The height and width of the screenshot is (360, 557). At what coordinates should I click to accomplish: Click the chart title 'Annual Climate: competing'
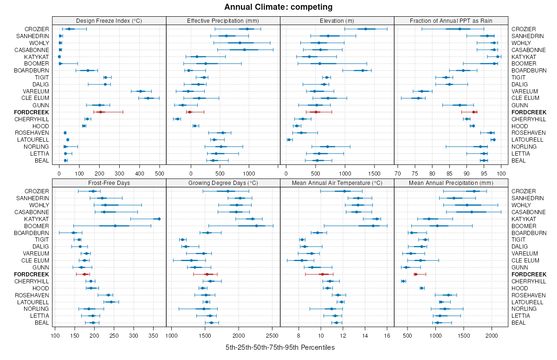[x=278, y=7]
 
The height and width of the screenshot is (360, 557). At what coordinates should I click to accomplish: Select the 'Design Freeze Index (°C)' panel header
[x=109, y=20]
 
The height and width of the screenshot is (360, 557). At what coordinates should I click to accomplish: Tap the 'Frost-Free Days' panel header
[x=109, y=183]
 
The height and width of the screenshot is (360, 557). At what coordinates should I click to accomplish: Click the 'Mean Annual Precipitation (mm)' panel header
[x=451, y=183]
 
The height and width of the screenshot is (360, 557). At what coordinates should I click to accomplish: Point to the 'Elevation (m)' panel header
[x=337, y=20]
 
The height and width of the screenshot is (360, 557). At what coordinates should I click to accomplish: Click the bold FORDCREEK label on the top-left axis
[x=31, y=112]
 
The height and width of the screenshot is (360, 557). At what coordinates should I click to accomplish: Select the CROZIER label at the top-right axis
[x=524, y=29]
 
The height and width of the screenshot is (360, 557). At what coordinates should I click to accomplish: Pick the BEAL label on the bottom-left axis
[x=42, y=322]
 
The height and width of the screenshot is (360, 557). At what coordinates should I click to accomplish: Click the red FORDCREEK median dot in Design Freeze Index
[x=100, y=112]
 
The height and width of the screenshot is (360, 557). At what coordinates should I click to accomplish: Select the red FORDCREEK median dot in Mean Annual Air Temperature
[x=322, y=275]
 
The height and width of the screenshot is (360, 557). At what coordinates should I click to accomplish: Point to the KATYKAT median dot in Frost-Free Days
[x=159, y=219]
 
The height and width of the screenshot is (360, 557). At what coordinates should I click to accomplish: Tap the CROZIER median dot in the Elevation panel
[x=366, y=29]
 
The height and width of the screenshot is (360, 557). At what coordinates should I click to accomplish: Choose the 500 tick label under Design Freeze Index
[x=159, y=174]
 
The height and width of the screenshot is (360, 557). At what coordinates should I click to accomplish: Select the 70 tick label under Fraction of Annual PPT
[x=398, y=174]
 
